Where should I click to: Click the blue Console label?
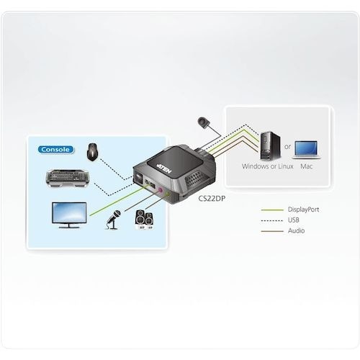pyautogui.click(x=55, y=150)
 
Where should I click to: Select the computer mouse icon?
pyautogui.click(x=92, y=152)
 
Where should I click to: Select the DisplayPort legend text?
pyautogui.click(x=303, y=210)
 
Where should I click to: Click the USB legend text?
pyautogui.click(x=294, y=220)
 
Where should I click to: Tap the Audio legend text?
pyautogui.click(x=296, y=231)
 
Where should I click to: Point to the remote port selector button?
pyautogui.click(x=204, y=122)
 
